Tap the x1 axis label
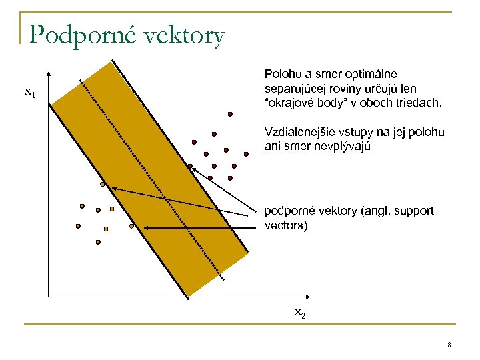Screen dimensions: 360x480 (x=30, y=91)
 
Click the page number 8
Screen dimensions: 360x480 (x=449, y=345)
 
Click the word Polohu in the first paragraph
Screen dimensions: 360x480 (x=281, y=74)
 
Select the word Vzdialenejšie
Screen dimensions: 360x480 (x=297, y=132)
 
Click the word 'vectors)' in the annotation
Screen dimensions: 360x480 (x=286, y=225)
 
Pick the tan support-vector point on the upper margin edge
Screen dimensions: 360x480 (x=103, y=184)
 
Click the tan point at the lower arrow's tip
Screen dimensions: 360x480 (x=131, y=227)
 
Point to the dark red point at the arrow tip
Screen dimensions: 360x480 (x=190, y=166)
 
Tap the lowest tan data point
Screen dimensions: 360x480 (x=98, y=242)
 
